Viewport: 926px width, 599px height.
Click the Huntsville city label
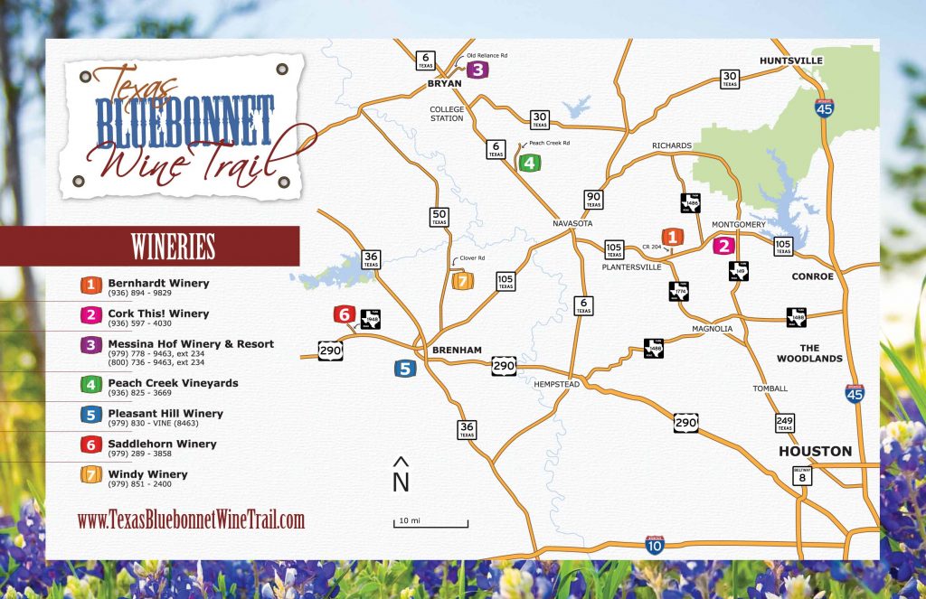791,61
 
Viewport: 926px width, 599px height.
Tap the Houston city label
816,451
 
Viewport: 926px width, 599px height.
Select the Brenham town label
457,350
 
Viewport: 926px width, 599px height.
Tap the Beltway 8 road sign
801,474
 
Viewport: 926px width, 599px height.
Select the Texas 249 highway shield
784,423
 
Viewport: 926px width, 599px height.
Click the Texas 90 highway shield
593,199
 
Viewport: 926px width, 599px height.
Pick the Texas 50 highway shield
439,217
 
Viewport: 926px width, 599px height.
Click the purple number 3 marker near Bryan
477,69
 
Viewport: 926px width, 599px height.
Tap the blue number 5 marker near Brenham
405,368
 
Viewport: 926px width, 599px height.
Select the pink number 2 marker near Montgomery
723,245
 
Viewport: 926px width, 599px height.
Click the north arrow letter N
401,482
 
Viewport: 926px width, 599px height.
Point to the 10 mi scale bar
430,523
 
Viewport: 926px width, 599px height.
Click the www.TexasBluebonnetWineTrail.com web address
191,519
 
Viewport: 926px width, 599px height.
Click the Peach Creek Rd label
549,143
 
